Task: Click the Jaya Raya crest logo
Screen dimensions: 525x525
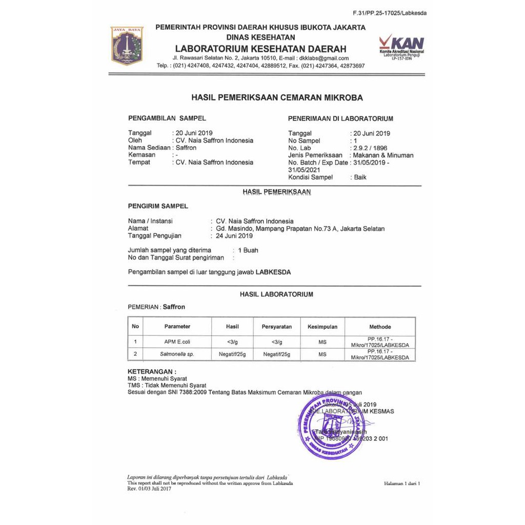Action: tap(127, 46)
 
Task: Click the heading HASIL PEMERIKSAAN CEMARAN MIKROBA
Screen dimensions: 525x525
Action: tap(277, 97)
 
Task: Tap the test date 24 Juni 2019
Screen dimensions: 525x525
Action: tap(234, 236)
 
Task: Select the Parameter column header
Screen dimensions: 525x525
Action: tap(177, 327)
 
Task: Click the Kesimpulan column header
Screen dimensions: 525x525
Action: tap(322, 327)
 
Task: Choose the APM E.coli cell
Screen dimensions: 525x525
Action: tap(177, 341)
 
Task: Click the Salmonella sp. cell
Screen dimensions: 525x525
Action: tap(177, 354)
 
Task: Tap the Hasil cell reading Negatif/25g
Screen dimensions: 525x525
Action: tap(232, 354)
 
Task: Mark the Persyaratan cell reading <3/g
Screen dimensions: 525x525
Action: tap(277, 341)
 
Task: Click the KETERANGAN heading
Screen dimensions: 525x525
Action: tap(151, 371)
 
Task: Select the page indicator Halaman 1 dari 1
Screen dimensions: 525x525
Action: tap(402, 483)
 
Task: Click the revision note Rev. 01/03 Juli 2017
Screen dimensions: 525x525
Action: tap(149, 489)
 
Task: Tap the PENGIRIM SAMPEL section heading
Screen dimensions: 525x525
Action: tap(158, 206)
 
